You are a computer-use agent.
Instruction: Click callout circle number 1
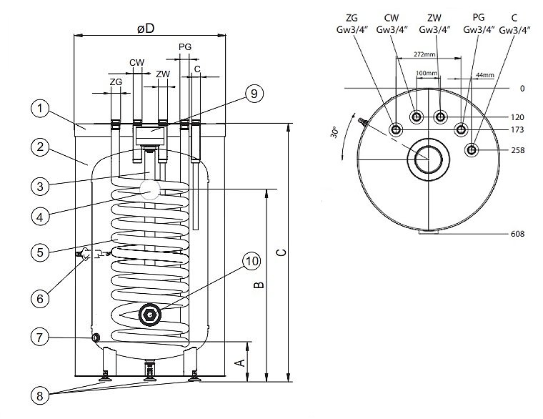41,109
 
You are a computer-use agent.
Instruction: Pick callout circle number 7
41,335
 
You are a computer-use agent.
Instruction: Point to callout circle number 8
41,394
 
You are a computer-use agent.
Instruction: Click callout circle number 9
254,94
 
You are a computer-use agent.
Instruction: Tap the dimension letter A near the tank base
241,363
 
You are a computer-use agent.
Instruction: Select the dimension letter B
259,285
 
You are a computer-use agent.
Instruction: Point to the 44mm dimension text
484,74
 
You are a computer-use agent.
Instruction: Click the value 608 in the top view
519,234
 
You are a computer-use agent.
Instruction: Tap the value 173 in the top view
519,129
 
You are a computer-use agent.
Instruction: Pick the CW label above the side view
136,62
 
